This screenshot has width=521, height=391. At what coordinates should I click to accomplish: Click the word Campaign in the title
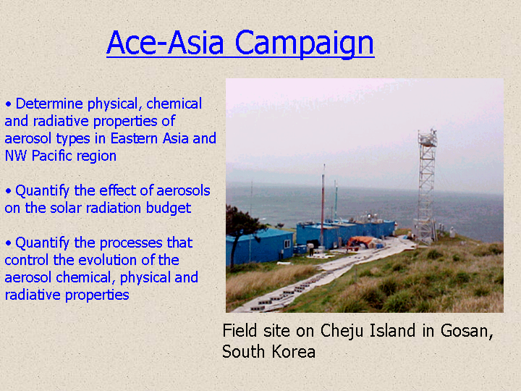point(305,43)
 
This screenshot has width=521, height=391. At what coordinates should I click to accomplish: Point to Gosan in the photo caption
point(467,331)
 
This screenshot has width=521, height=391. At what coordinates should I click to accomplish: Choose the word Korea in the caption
point(294,351)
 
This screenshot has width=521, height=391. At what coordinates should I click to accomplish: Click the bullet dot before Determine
point(8,104)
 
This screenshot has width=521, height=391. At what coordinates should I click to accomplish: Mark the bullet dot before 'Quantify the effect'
point(8,191)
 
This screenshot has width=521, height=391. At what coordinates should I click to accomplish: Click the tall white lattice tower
point(426,185)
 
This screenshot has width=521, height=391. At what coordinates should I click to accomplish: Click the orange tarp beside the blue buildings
point(360,240)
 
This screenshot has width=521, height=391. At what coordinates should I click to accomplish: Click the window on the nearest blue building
point(288,245)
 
